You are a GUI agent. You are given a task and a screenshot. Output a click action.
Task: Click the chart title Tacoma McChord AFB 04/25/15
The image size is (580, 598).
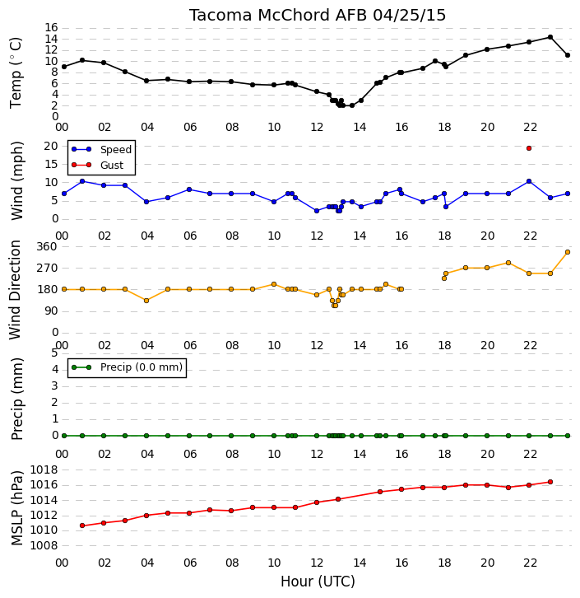tap(318, 16)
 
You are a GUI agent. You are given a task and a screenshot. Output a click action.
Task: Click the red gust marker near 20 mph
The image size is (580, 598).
tap(529, 148)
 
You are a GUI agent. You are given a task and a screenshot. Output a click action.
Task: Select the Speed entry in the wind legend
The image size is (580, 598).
tap(102, 150)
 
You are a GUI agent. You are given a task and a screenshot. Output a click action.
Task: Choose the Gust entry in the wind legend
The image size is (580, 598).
tap(98, 165)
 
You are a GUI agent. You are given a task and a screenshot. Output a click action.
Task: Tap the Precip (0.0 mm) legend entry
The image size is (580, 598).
tap(128, 367)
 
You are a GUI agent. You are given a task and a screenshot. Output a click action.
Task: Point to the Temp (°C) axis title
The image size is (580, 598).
tap(16, 72)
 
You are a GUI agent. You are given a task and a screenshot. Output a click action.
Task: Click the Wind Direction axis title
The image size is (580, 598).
tap(15, 290)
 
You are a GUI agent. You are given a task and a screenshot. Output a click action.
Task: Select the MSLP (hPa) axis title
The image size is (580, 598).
tap(17, 508)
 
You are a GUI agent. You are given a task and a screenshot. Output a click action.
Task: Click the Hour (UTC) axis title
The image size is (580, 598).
tap(318, 582)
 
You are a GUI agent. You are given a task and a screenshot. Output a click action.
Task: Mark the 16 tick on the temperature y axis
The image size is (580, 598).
tap(51, 27)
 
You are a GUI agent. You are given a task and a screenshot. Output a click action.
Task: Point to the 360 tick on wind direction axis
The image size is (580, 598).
tap(47, 246)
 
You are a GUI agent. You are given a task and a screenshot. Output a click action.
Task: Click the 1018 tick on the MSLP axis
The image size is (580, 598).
tap(44, 470)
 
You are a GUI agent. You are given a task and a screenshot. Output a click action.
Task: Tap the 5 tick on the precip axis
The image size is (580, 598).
tap(54, 353)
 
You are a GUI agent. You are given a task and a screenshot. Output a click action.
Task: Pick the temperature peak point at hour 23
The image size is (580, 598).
tap(550, 37)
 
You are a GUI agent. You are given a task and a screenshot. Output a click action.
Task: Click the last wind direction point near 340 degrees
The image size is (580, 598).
tap(568, 252)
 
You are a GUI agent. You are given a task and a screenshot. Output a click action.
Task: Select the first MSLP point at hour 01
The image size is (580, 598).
tap(82, 526)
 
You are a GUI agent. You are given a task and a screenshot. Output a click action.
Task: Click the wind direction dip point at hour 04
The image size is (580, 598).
tap(146, 301)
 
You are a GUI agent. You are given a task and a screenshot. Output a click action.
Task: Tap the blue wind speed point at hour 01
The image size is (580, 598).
tap(82, 181)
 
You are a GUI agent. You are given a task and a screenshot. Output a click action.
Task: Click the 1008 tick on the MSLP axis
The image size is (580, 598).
tap(44, 545)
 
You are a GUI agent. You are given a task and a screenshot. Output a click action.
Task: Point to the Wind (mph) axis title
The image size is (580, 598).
tap(17, 180)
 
